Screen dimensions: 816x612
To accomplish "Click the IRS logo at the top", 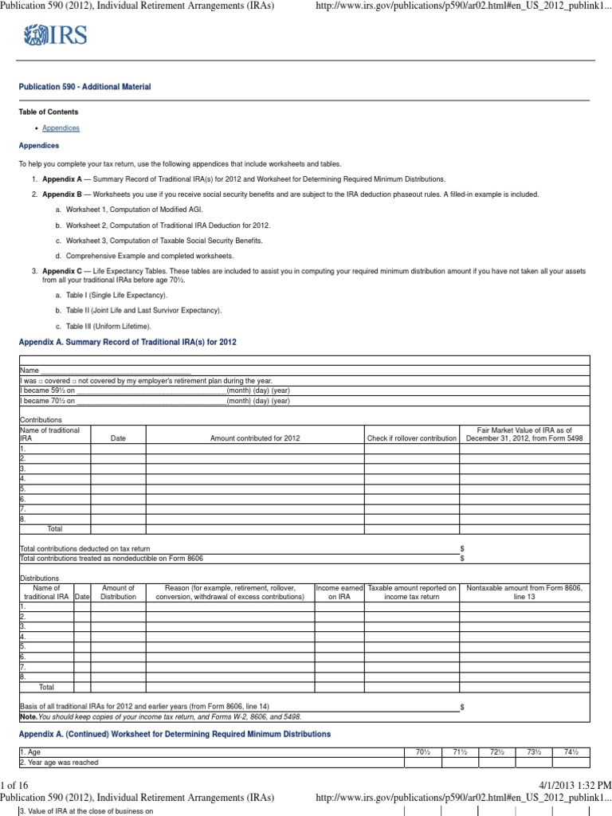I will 55,35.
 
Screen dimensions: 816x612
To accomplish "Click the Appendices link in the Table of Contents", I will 61,128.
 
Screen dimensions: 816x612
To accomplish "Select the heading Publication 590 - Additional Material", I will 84,87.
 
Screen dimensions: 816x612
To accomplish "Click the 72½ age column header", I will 496,751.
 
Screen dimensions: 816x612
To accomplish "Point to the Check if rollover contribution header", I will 411,438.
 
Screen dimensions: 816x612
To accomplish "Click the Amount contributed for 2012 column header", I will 255,438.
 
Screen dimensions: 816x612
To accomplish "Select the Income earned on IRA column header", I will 339,592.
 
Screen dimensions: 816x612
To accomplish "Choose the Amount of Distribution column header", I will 118,592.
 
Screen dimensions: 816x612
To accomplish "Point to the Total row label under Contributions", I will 54,528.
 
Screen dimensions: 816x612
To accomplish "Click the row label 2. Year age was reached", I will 60,763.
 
